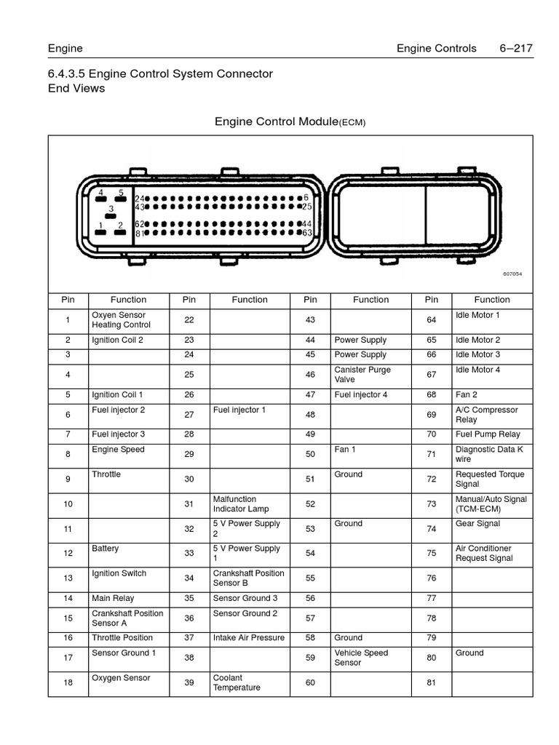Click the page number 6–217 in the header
click(x=516, y=49)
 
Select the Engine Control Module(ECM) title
click(x=290, y=122)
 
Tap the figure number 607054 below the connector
click(x=512, y=274)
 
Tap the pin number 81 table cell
click(x=432, y=683)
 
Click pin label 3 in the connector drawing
click(x=111, y=209)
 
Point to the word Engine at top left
click(x=66, y=49)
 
